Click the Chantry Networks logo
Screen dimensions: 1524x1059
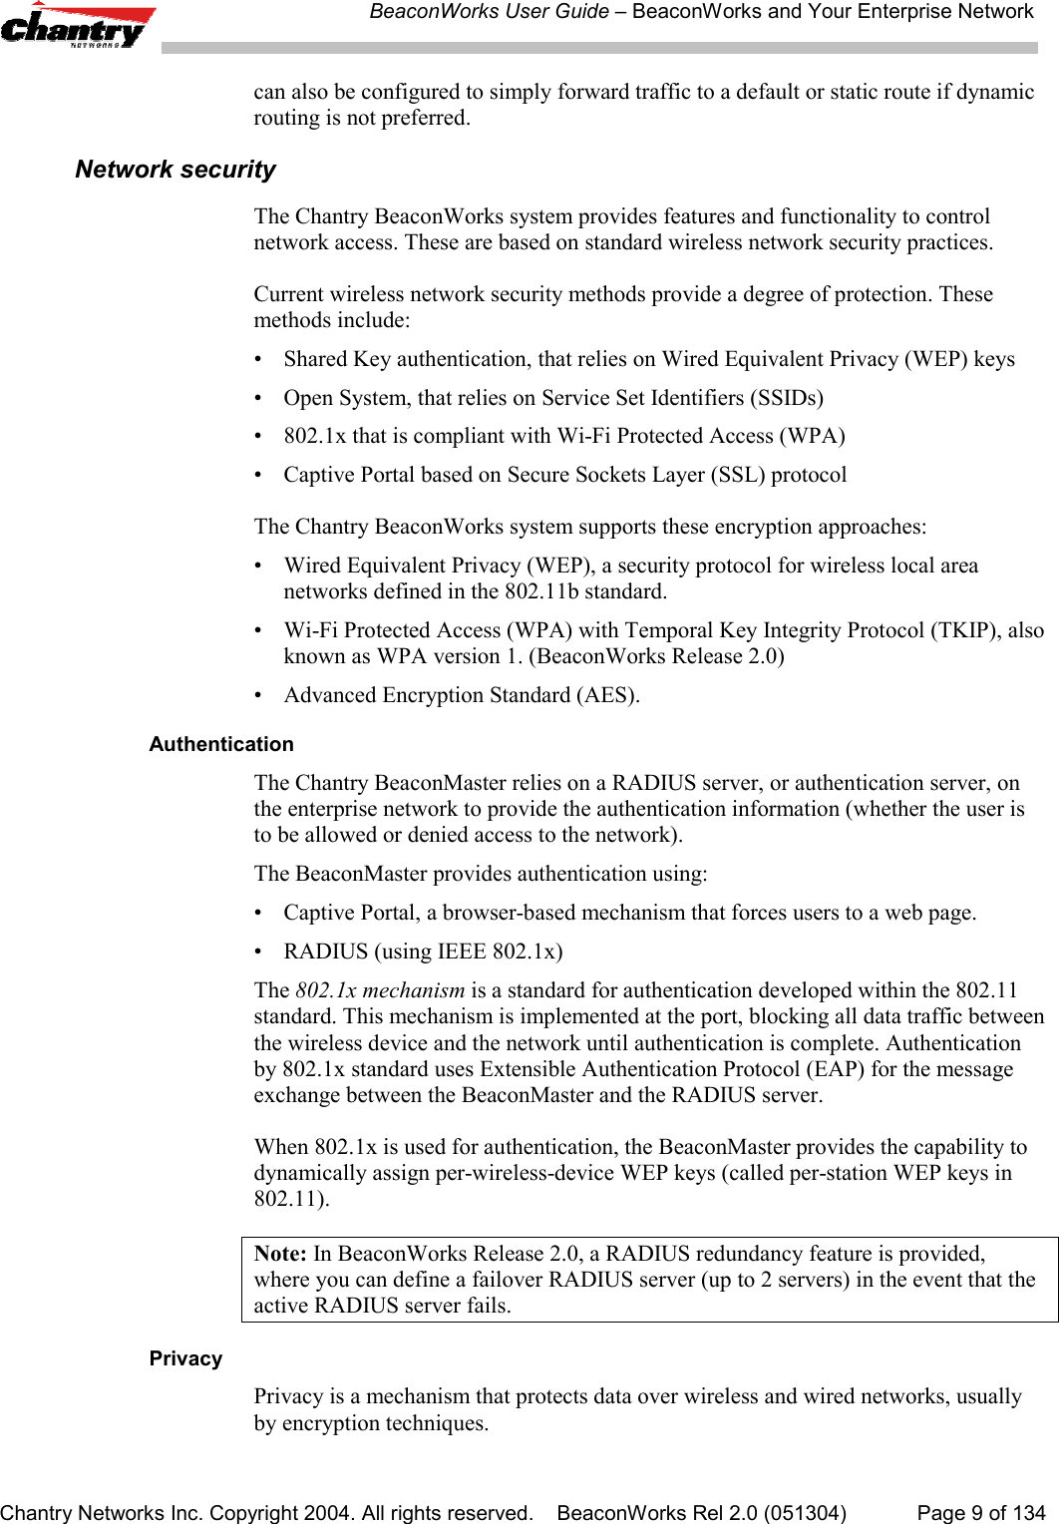78,27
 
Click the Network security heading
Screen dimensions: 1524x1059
175,170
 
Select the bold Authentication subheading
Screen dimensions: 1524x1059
220,744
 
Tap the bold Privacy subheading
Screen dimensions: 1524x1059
185,1358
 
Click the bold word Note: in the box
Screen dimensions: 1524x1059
281,1254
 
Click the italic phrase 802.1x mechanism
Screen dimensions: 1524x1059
380,990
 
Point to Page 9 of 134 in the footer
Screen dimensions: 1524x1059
980,1513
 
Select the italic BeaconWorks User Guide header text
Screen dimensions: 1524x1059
489,12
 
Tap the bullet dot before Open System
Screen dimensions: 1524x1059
260,398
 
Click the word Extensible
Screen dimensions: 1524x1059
527,1069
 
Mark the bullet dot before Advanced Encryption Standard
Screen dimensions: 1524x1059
260,695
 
